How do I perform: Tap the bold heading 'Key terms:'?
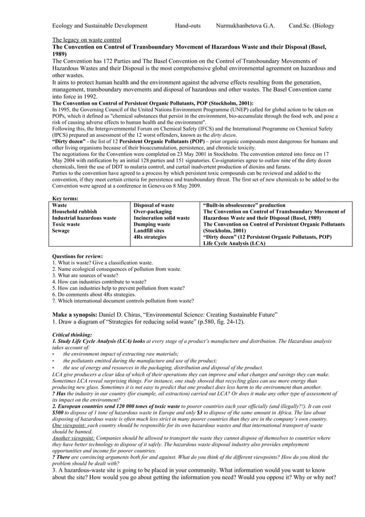click(65, 199)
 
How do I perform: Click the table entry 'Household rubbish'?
click(74, 212)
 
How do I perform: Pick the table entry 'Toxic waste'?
click(66, 224)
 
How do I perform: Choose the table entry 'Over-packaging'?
click(152, 212)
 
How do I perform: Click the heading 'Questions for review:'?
click(77, 256)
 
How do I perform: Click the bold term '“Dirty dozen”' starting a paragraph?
click(68, 141)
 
